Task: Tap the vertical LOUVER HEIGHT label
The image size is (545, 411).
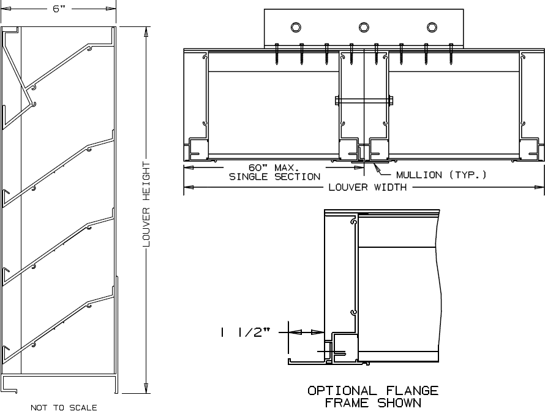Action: [146, 205]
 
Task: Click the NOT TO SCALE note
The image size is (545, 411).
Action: [64, 407]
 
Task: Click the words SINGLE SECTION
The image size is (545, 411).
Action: [274, 177]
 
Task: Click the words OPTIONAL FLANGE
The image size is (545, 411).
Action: [372, 391]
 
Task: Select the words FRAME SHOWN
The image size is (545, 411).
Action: [372, 402]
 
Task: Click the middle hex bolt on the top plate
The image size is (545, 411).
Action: [364, 27]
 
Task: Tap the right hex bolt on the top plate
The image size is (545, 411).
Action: [432, 27]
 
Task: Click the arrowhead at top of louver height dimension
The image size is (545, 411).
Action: [146, 32]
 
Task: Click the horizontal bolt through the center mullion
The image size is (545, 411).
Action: [364, 99]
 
